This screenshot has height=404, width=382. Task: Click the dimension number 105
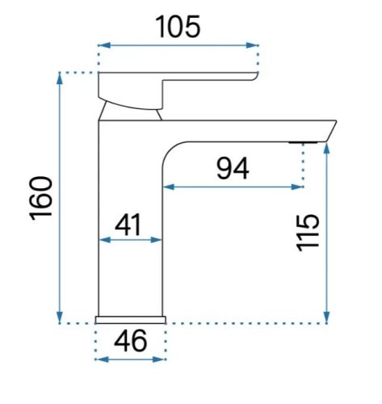tap(178, 27)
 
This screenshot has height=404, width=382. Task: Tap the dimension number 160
tap(41, 199)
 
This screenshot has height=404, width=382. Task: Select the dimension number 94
tap(233, 169)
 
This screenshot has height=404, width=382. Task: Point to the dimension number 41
tap(128, 225)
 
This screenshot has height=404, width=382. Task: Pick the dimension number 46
tap(131, 341)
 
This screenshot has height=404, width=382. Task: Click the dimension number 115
tap(308, 233)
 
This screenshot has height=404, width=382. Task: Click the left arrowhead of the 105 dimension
tap(104, 45)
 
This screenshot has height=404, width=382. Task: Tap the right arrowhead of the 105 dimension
tap(252, 45)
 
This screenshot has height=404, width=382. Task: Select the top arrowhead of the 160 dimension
tap(60, 78)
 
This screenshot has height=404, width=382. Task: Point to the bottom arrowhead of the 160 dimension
tap(60, 317)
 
